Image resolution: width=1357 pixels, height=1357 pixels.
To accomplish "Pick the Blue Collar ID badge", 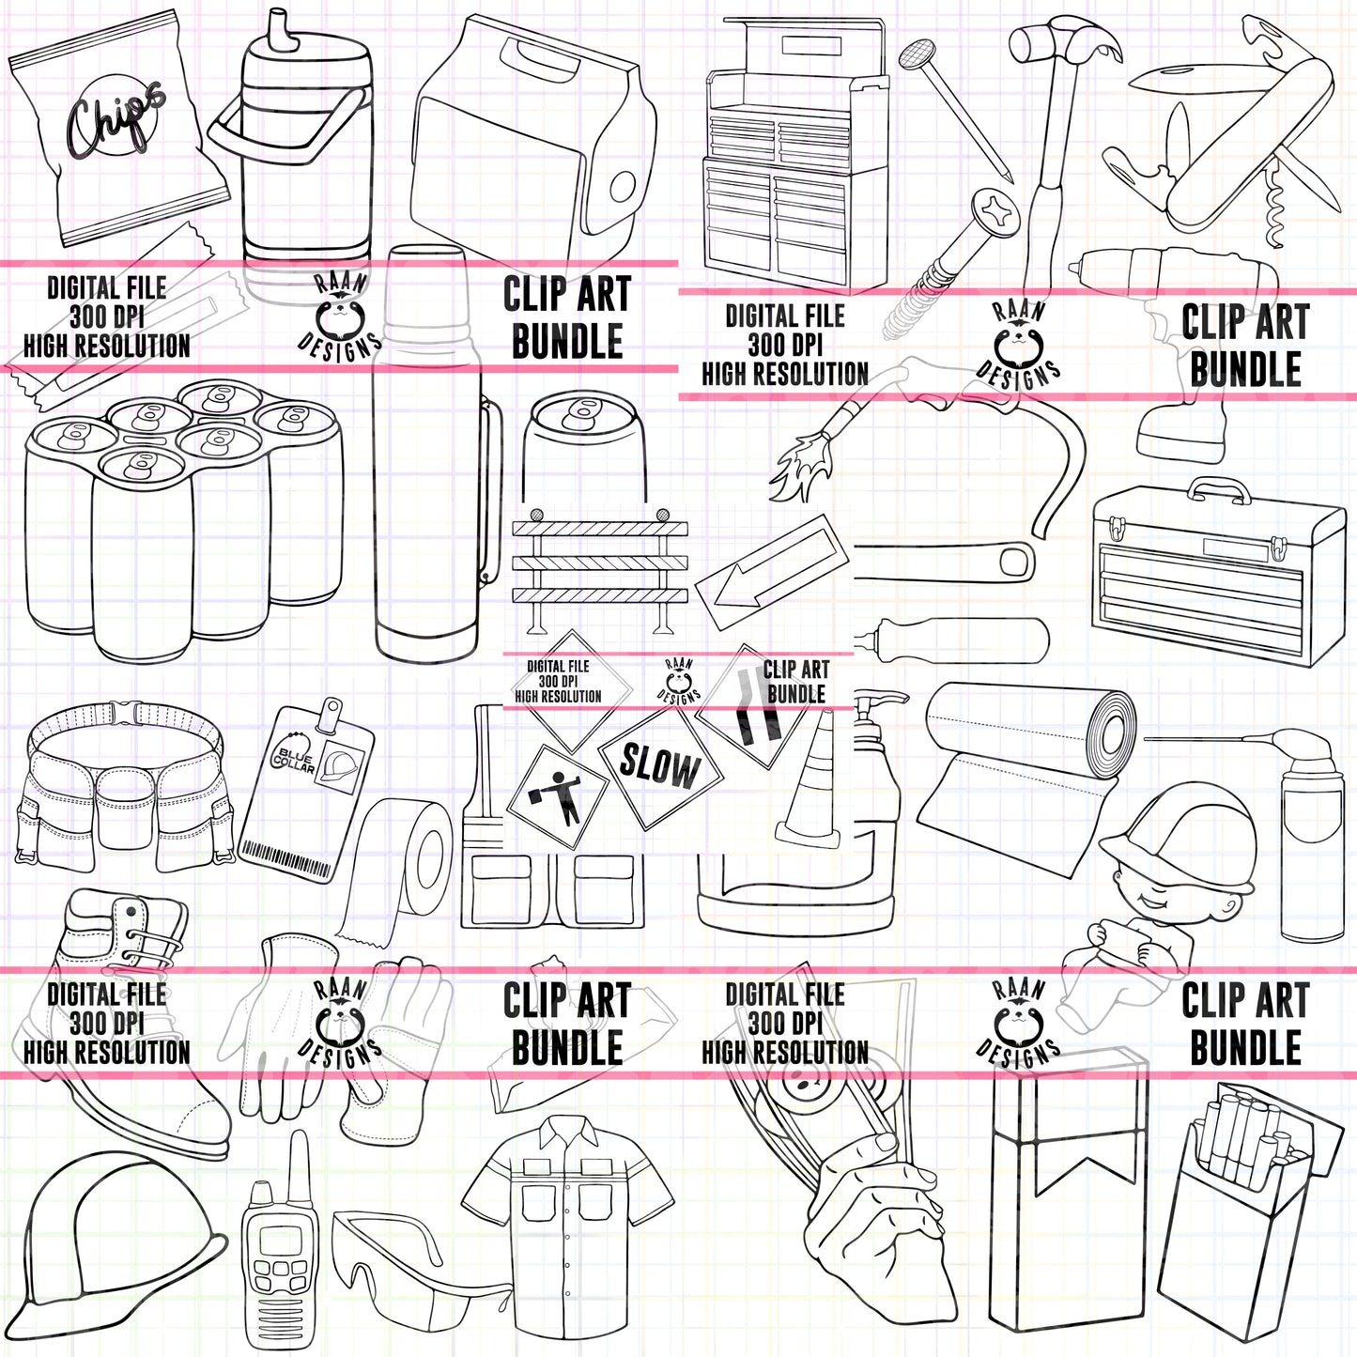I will pos(305,789).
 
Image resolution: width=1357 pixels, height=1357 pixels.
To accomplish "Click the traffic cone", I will pos(811,789).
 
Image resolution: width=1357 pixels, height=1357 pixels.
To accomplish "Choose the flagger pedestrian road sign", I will pos(558,794).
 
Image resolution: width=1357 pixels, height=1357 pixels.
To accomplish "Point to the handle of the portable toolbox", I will pos(1219,488).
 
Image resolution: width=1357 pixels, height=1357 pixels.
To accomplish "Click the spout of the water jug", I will pos(280,28).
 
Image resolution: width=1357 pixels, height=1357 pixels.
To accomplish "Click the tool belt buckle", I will pos(126,712).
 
